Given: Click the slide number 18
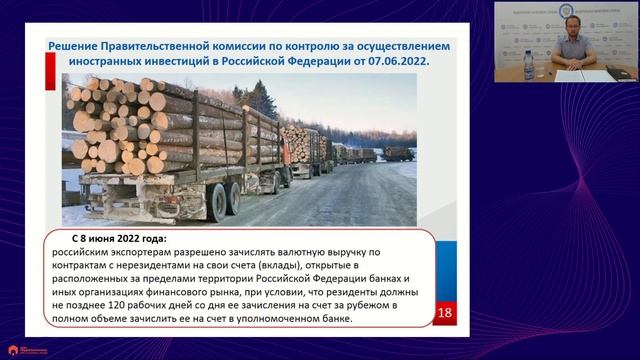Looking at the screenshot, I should click(x=446, y=313).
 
